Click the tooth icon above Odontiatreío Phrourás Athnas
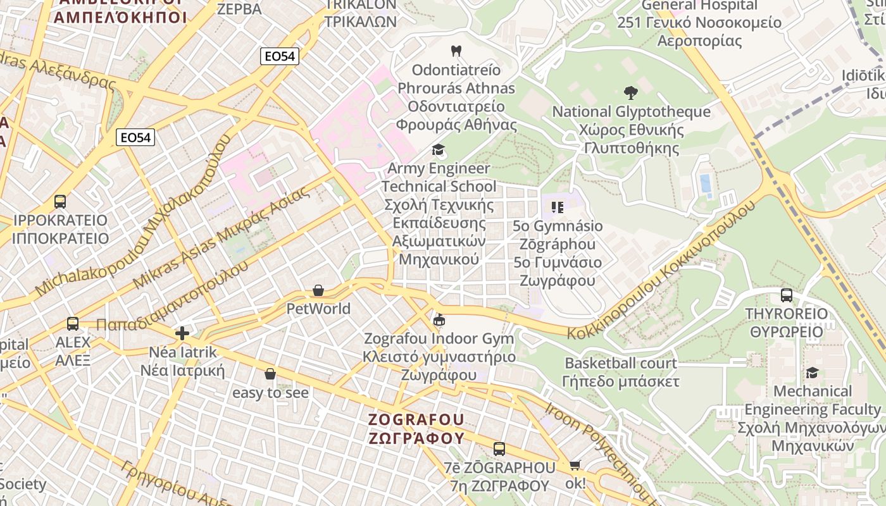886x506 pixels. [455, 51]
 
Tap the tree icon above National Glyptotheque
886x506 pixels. [630, 93]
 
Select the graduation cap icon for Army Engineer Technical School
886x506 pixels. [437, 150]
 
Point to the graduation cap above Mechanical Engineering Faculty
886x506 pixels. [812, 373]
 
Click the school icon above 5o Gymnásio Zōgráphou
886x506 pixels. [557, 207]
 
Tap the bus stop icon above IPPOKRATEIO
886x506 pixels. [60, 202]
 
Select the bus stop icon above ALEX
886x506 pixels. [73, 324]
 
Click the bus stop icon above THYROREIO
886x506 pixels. [786, 295]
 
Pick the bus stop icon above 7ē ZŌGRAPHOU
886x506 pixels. [499, 449]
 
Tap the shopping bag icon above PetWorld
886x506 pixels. [318, 290]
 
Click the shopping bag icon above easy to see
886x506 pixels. [270, 374]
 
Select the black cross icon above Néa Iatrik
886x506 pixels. [182, 333]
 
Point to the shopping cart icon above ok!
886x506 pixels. [575, 466]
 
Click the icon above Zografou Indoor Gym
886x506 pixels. [439, 320]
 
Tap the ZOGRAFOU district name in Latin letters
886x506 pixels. [416, 420]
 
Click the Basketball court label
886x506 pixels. [620, 363]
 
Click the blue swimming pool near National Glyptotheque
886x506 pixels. [704, 183]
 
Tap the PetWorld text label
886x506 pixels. [318, 309]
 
